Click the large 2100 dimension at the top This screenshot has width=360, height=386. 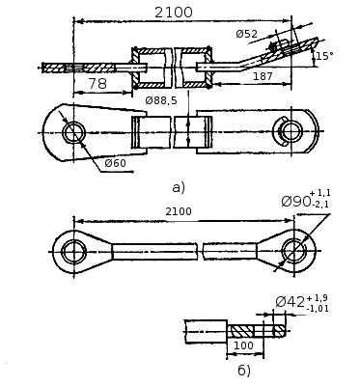[x=174, y=13]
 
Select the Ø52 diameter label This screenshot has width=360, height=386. [x=247, y=34]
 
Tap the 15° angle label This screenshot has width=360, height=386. [x=324, y=56]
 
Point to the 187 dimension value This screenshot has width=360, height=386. [x=263, y=76]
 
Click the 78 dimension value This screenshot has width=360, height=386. [x=97, y=84]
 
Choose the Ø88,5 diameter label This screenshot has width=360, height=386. [x=161, y=100]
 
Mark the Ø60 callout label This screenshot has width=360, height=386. [x=116, y=163]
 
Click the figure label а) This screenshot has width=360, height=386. [x=179, y=187]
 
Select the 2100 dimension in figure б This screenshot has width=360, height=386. [x=179, y=211]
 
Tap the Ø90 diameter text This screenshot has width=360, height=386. [x=296, y=202]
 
